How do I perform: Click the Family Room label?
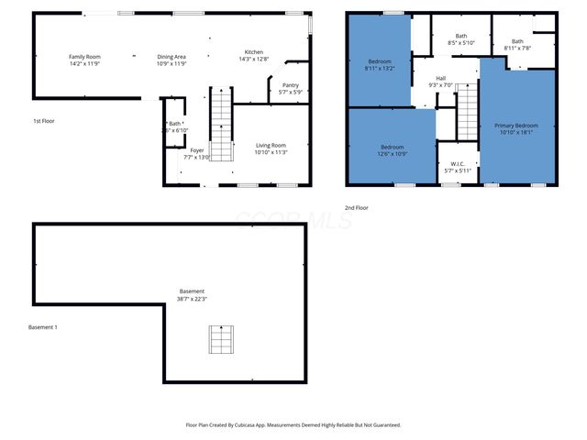[x=83, y=60]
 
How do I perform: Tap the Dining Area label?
[x=171, y=60]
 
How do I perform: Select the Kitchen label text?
[x=254, y=55]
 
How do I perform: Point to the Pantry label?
[x=290, y=89]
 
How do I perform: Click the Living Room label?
[x=271, y=148]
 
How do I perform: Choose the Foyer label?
[x=197, y=153]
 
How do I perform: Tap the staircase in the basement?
[x=220, y=339]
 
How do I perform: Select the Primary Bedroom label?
[x=516, y=128]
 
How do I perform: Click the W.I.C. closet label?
[x=457, y=167]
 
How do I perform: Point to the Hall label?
[x=441, y=82]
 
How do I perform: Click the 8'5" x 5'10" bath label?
[x=461, y=39]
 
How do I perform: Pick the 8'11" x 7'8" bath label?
[x=517, y=44]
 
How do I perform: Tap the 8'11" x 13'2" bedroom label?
[x=379, y=64]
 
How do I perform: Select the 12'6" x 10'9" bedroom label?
[x=393, y=150]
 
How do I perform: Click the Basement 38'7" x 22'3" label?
[x=192, y=295]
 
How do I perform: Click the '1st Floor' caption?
[x=43, y=121]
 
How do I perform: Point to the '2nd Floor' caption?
[x=357, y=208]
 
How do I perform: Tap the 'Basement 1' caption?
[x=42, y=327]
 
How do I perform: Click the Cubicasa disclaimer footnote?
[x=293, y=425]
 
